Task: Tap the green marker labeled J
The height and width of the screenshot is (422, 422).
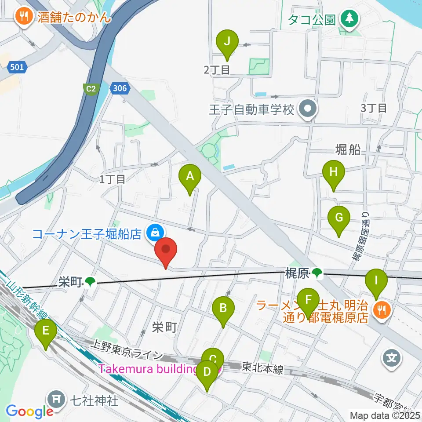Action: pos(227,42)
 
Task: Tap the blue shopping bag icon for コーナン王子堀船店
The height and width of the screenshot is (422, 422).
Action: pos(154,232)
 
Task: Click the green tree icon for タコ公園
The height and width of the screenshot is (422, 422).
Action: pos(350,18)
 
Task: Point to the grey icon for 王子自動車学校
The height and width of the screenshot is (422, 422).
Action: pos(306,109)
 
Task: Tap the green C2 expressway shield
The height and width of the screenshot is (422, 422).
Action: pos(91,89)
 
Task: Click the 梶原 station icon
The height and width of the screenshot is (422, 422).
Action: pos(316,275)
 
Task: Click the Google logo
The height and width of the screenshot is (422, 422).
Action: pos(29,411)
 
